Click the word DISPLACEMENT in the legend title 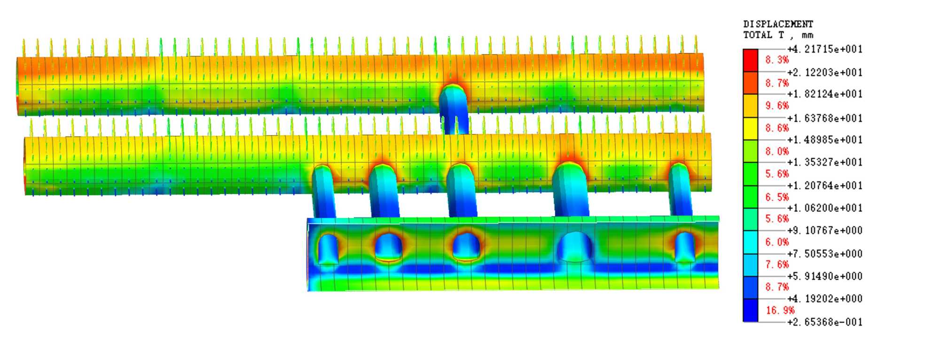[778, 24]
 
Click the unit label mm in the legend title [807, 35]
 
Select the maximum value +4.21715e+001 [825, 49]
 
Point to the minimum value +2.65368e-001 [825, 322]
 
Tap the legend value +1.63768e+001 [825, 118]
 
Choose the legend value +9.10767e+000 [825, 230]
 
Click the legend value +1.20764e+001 [825, 186]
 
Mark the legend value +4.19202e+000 [825, 298]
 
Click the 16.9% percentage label [780, 310]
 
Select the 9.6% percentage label [777, 106]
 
